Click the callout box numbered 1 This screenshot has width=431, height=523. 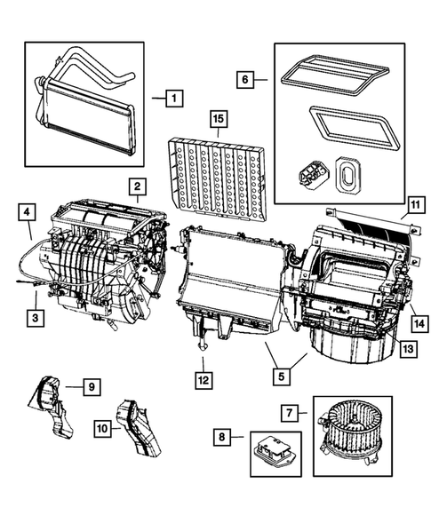175,98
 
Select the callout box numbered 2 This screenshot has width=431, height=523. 136,186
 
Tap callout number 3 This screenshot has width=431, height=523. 35,316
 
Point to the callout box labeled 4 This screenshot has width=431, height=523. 27,212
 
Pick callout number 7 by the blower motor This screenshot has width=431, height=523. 289,414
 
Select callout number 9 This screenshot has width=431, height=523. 92,386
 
